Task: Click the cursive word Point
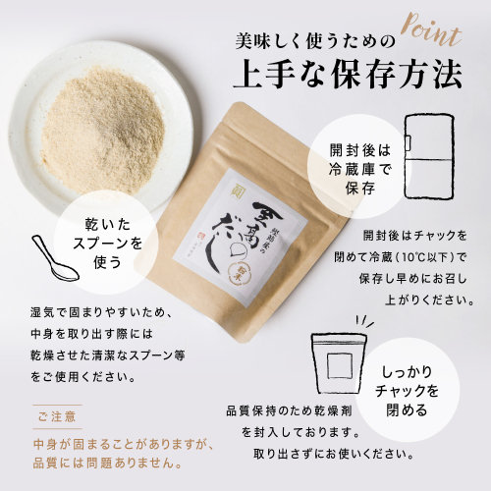[x=431, y=32]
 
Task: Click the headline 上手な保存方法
[x=347, y=77]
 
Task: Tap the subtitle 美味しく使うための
[x=314, y=42]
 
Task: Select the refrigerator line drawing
[x=430, y=156]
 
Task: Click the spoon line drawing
[x=55, y=258]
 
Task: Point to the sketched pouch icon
[x=338, y=364]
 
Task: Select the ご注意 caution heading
[x=57, y=416]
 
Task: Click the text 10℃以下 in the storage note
[x=425, y=257]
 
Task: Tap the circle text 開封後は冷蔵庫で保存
[x=360, y=170]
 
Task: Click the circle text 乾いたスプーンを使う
[x=107, y=244]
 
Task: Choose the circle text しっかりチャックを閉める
[x=407, y=391]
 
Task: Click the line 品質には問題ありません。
[x=107, y=464]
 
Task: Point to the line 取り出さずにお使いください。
[x=334, y=454]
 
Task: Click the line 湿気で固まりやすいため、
[x=101, y=313]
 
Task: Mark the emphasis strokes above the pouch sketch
[x=364, y=321]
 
